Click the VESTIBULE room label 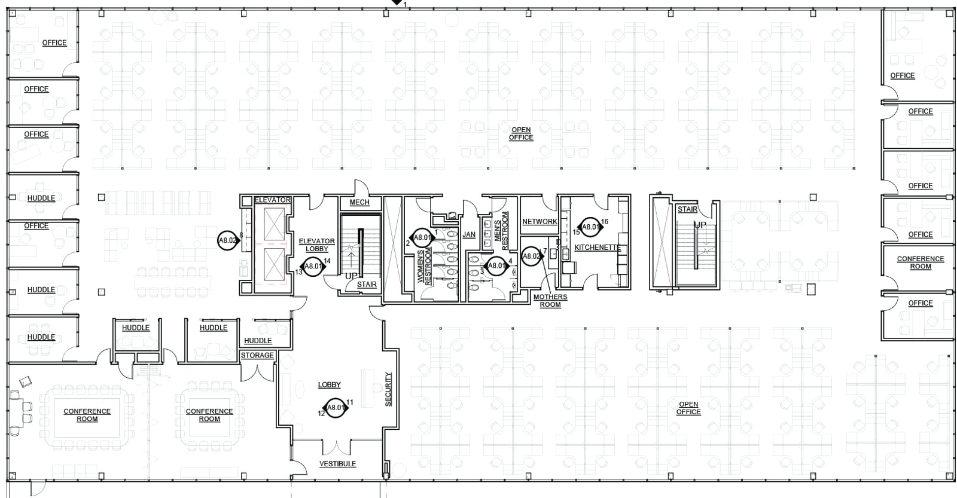pos(337,463)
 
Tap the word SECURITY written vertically pos(388,389)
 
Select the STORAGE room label pos(257,355)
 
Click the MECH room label pos(359,202)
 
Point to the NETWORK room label pos(540,221)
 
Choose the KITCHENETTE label pos(598,248)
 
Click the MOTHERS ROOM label pos(550,301)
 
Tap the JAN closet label pos(469,234)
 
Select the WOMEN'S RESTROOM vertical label pos(425,267)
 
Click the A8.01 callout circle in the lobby pos(336,408)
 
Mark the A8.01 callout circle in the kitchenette pos(591,227)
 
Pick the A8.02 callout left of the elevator pos(228,240)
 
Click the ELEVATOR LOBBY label pos(316,245)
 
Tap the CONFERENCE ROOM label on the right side pos(920,262)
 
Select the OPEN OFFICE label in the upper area pos(520,133)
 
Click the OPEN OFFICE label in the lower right pos(688,408)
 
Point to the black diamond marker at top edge pos(395,3)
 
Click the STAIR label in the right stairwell pos(687,209)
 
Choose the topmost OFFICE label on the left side pos(54,42)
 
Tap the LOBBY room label pos(329,384)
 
